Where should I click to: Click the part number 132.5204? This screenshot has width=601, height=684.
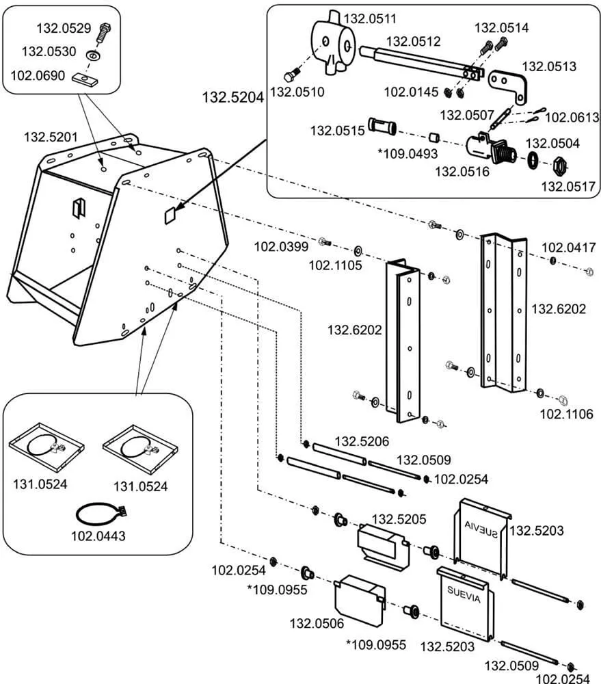tap(232, 97)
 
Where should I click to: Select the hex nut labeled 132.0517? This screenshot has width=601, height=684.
tap(559, 166)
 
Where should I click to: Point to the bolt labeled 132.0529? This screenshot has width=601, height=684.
tap(104, 31)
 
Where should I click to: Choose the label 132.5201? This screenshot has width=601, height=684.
tap(51, 137)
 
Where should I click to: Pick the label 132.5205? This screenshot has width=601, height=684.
tap(399, 520)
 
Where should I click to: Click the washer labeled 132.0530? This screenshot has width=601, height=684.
tap(91, 55)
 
